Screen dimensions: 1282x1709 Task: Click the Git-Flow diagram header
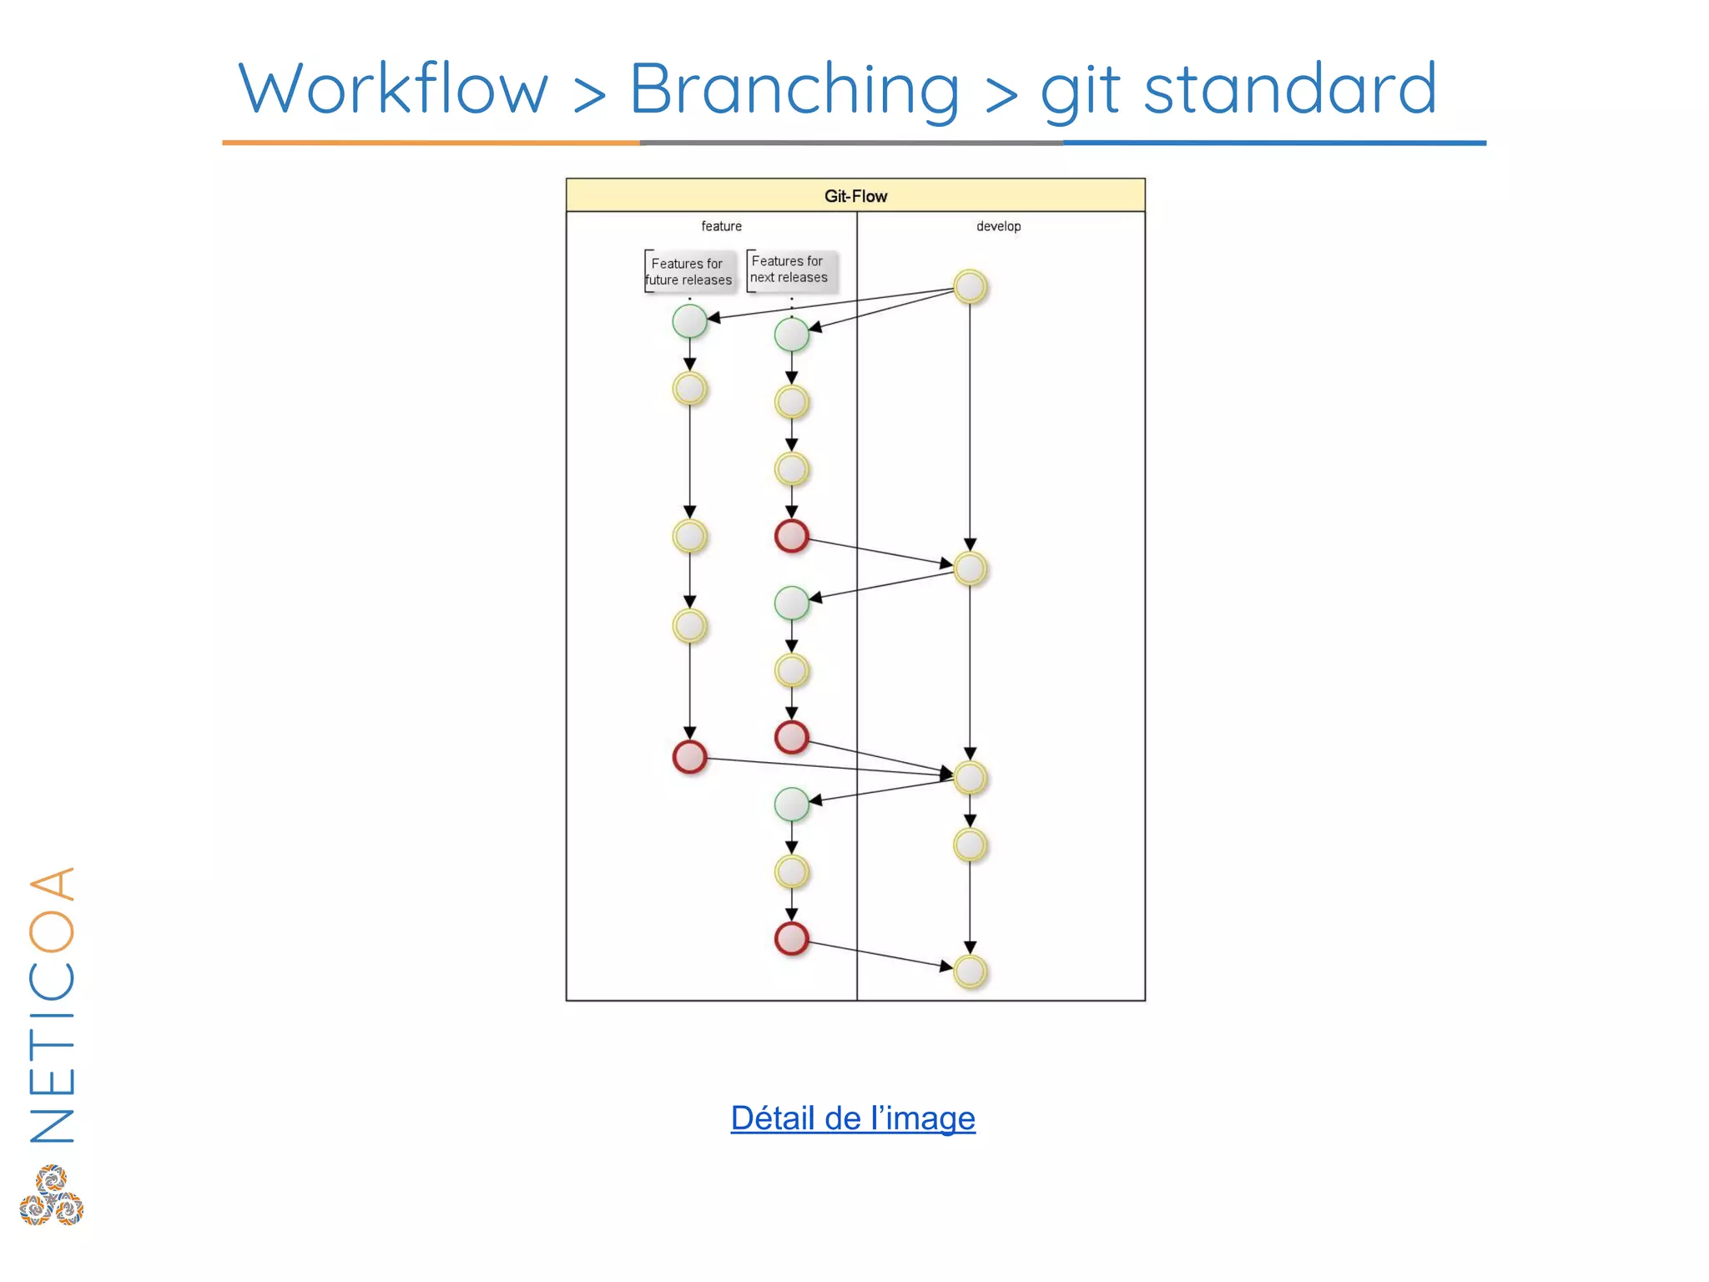click(855, 196)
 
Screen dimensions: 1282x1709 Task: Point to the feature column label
click(721, 226)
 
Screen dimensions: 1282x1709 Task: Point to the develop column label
click(998, 226)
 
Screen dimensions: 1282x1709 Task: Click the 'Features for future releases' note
click(689, 272)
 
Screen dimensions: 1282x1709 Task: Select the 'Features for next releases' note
click(789, 270)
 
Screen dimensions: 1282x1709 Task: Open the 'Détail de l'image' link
click(853, 1118)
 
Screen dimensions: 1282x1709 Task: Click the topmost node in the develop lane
click(970, 287)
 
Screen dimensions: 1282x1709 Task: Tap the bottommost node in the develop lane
click(970, 972)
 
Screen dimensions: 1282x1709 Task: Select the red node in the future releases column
click(689, 757)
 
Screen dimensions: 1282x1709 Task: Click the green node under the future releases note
click(689, 321)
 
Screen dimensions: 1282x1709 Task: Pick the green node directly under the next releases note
click(791, 335)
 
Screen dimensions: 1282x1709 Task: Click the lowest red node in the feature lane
click(791, 939)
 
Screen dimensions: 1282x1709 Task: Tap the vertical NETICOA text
click(52, 1006)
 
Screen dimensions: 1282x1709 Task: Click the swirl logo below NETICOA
click(52, 1196)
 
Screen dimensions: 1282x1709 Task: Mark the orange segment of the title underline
click(431, 143)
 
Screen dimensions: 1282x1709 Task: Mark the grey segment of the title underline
click(851, 143)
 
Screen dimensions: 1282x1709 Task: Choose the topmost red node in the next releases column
click(791, 536)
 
